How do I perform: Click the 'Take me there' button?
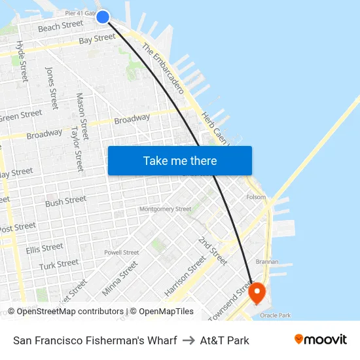(180, 160)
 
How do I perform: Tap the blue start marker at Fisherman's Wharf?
(103, 17)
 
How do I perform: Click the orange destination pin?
(257, 292)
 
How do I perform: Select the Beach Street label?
(61, 26)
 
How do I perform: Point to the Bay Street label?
(97, 39)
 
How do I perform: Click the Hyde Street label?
(21, 61)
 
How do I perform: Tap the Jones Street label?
(51, 87)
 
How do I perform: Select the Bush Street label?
(65, 201)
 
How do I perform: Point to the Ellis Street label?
(45, 249)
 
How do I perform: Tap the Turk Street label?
(59, 264)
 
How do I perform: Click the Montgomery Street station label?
(165, 209)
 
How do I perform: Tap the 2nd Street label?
(213, 251)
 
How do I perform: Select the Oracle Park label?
(275, 315)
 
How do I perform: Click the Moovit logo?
(321, 339)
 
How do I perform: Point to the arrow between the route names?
(188, 340)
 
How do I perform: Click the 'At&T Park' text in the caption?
(225, 340)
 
